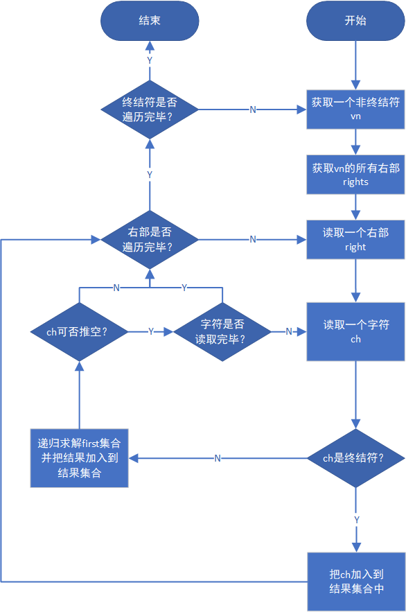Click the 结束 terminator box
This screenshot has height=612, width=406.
(150, 20)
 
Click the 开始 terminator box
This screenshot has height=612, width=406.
(355, 20)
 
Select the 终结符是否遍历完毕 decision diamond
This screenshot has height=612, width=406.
(150, 109)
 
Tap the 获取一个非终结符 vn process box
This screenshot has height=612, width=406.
(355, 109)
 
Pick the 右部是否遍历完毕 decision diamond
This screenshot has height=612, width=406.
(150, 239)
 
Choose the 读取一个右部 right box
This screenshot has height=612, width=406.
(355, 239)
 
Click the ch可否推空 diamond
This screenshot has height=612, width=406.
(79, 331)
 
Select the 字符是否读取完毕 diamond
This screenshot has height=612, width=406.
(222, 331)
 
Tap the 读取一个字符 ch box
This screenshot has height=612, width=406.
(355, 331)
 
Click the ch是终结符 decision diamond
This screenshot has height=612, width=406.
(355, 457)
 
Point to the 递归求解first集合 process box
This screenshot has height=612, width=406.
(79, 457)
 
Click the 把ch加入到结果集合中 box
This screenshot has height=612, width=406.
(355, 582)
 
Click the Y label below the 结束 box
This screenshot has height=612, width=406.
(150, 60)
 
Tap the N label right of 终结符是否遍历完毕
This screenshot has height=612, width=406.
(253, 110)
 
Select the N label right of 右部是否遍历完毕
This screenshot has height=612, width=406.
(253, 239)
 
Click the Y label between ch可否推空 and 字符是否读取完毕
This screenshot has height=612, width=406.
(151, 332)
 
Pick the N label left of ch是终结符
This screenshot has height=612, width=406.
(218, 458)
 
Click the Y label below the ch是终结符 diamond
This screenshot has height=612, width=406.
(356, 519)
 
